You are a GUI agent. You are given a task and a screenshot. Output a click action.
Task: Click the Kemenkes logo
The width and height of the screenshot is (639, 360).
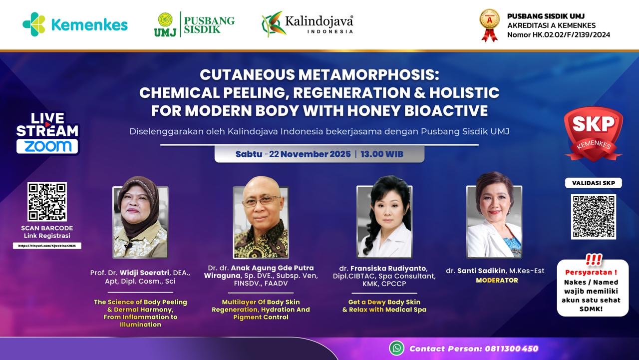click(x=75, y=24)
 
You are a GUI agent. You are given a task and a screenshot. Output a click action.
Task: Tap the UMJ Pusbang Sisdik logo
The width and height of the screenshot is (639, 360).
click(x=194, y=24)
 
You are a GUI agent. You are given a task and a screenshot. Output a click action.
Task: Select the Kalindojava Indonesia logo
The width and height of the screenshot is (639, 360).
click(x=308, y=24)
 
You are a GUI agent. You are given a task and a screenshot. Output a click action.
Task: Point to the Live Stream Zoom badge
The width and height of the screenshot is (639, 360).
click(x=47, y=133)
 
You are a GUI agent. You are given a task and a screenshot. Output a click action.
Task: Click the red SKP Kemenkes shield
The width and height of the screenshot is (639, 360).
click(x=593, y=134)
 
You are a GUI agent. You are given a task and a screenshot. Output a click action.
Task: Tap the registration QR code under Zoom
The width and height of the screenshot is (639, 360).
click(x=47, y=202)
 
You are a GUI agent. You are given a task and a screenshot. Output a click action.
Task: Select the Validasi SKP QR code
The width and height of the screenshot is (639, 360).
click(x=593, y=216)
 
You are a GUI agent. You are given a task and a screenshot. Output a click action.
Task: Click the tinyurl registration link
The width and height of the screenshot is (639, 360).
click(x=47, y=246)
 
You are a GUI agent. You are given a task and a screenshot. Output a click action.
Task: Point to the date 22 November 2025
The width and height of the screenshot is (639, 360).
click(x=310, y=154)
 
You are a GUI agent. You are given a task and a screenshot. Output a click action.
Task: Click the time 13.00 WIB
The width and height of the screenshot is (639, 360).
click(x=382, y=154)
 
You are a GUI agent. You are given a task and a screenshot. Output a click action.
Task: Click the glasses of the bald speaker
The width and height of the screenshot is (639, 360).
click(x=261, y=201)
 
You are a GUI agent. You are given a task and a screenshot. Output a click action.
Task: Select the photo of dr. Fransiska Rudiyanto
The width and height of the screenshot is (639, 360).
click(x=384, y=221)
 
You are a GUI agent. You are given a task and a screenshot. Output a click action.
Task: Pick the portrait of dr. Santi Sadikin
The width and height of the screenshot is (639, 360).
click(x=494, y=221)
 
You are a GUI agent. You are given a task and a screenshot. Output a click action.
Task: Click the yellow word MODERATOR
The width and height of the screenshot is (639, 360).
click(x=497, y=281)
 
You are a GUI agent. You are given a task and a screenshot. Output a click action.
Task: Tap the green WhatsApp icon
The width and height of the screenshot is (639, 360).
click(x=397, y=348)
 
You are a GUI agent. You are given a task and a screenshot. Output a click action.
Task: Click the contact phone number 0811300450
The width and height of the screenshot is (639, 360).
click(x=511, y=349)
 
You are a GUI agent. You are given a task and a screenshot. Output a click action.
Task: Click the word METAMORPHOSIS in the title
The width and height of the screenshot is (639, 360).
click(x=368, y=75)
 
